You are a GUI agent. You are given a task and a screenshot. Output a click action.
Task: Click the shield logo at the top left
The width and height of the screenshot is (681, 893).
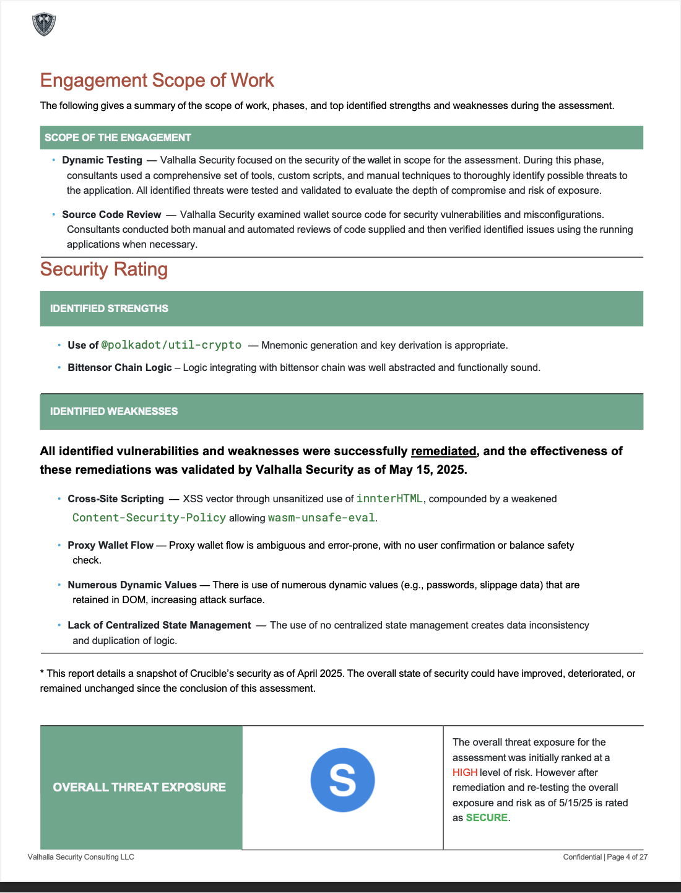(x=44, y=24)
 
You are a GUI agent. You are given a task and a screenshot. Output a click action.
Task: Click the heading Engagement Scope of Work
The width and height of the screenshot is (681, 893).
(x=157, y=81)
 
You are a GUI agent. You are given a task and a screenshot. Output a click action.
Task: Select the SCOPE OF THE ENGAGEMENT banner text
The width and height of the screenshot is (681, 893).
(x=118, y=137)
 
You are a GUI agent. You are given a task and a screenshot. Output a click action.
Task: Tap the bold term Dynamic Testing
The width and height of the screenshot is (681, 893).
(x=102, y=160)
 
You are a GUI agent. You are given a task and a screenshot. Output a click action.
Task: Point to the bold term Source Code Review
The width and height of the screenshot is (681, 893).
(x=111, y=215)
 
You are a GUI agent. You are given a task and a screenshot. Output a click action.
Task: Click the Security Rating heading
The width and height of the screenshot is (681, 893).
(x=104, y=269)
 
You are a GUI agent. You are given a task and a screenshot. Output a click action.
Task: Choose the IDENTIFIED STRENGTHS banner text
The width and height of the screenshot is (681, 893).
(x=109, y=308)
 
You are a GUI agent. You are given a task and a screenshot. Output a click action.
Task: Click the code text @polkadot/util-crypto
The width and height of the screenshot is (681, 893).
(x=171, y=345)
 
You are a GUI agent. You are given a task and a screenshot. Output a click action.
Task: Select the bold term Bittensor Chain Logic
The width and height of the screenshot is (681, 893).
(x=119, y=368)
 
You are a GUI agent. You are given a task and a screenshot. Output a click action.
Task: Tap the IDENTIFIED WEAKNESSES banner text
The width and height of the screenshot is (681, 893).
(x=114, y=411)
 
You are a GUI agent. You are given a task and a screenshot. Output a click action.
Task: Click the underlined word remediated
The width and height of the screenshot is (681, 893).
(x=443, y=451)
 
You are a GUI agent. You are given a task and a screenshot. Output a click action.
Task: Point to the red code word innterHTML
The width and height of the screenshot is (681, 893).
(x=389, y=499)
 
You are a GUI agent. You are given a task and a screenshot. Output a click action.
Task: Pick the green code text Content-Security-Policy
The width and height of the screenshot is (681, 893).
(x=149, y=518)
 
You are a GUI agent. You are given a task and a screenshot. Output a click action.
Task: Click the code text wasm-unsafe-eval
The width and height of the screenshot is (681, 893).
(x=321, y=518)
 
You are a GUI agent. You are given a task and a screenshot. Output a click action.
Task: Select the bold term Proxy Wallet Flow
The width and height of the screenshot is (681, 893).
(x=110, y=546)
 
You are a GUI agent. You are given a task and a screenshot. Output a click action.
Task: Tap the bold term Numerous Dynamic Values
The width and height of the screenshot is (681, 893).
(x=132, y=585)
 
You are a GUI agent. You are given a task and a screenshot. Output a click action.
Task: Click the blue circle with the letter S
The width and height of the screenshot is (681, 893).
(x=342, y=780)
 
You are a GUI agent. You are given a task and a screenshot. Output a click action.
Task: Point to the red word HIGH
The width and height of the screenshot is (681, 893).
(x=465, y=773)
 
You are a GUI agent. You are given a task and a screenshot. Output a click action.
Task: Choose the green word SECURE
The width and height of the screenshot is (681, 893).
(x=487, y=818)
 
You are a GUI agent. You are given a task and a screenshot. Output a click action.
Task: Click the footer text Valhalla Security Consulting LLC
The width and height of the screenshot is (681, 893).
(x=81, y=857)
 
